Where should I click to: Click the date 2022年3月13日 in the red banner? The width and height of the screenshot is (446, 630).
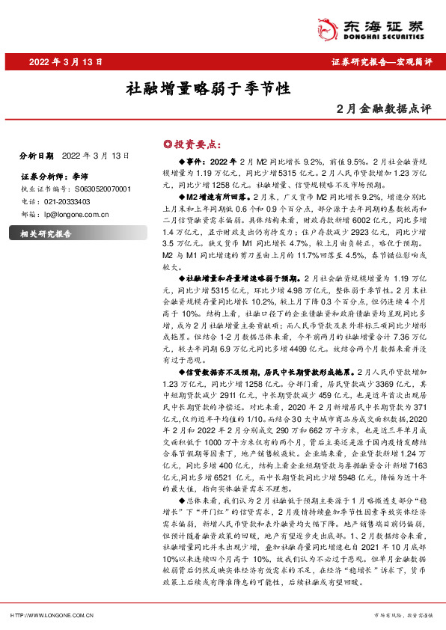pyautogui.click(x=57, y=62)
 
